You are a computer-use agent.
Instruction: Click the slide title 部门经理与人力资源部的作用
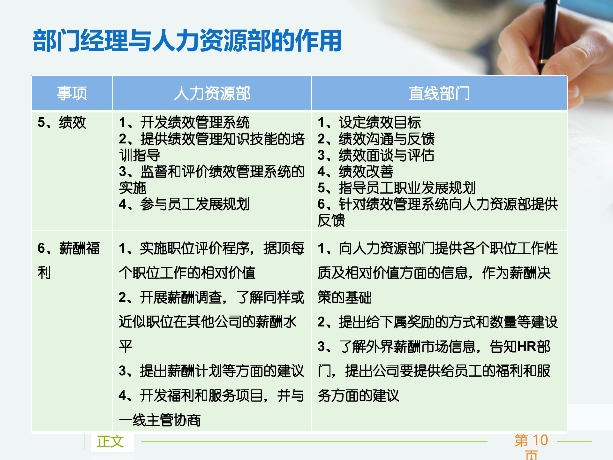click(x=187, y=41)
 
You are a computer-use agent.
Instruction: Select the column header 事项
click(x=72, y=93)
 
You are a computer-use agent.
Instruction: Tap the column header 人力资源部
click(x=212, y=93)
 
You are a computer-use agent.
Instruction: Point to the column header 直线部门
click(x=439, y=93)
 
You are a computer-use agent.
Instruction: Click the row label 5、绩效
click(x=62, y=122)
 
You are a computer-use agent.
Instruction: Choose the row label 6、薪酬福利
click(x=68, y=249)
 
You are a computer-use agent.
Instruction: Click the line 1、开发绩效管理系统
click(x=184, y=122)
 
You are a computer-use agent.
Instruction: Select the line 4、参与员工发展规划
click(x=184, y=204)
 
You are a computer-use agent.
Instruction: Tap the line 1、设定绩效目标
click(x=369, y=122)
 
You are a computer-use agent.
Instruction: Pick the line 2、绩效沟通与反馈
click(x=376, y=139)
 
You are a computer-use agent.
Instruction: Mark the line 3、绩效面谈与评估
click(x=376, y=155)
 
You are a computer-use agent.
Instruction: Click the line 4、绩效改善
click(x=355, y=172)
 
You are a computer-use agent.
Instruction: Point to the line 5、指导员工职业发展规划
click(x=397, y=188)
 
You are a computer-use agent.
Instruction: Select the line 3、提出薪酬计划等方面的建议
click(x=211, y=371)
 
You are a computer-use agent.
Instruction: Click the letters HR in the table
click(x=526, y=347)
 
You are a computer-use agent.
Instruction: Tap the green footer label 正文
click(x=110, y=441)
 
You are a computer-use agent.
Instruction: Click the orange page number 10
click(x=540, y=440)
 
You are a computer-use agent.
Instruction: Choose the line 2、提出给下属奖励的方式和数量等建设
click(x=437, y=322)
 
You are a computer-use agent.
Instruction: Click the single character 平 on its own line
click(x=125, y=346)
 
